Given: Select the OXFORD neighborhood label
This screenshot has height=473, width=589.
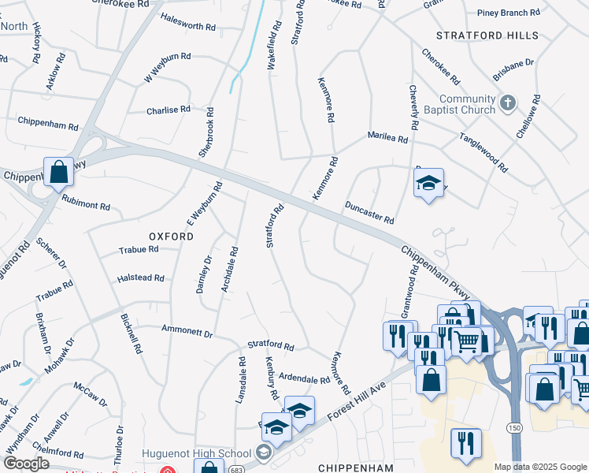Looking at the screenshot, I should pos(171,236).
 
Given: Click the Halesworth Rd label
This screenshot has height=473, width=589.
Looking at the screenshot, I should pos(187,26).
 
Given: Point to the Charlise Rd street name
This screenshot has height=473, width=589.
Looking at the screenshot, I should pos(169,110).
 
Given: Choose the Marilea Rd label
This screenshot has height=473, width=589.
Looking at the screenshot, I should pos(388,138).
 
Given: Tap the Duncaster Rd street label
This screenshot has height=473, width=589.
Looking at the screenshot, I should pos(369,212).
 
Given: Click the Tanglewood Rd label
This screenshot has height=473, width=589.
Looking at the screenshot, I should pos(483,152).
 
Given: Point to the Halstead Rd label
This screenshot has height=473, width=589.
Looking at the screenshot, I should pos(140,278).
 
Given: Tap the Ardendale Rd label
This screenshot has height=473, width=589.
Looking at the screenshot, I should pos(304,379).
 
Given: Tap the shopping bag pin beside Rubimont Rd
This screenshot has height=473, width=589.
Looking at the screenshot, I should pos(59,171).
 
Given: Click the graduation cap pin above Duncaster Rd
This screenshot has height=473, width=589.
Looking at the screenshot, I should pos(428,183).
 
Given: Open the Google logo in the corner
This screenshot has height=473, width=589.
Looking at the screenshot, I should pos(26,464).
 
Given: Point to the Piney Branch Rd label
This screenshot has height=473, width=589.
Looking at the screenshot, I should pos(509,13).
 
